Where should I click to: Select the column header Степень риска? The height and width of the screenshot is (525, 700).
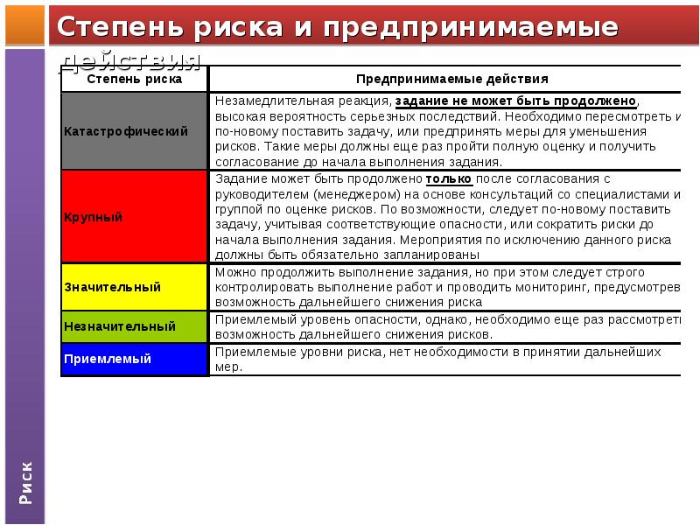(134, 79)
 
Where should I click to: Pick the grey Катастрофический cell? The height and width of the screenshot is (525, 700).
(134, 130)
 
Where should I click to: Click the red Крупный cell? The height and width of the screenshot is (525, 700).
(134, 216)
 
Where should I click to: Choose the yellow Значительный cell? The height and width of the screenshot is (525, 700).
(134, 286)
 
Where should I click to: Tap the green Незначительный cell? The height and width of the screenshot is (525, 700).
(134, 326)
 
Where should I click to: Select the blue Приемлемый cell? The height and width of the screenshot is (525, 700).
(134, 359)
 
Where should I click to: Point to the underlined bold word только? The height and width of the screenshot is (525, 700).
(449, 178)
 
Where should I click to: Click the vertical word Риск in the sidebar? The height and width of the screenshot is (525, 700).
(26, 480)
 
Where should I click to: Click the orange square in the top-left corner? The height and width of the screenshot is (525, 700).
(23, 24)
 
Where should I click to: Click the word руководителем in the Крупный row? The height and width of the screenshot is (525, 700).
(257, 194)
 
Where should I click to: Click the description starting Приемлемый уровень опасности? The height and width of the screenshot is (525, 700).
(446, 326)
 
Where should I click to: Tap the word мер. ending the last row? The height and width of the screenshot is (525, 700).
(228, 367)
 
